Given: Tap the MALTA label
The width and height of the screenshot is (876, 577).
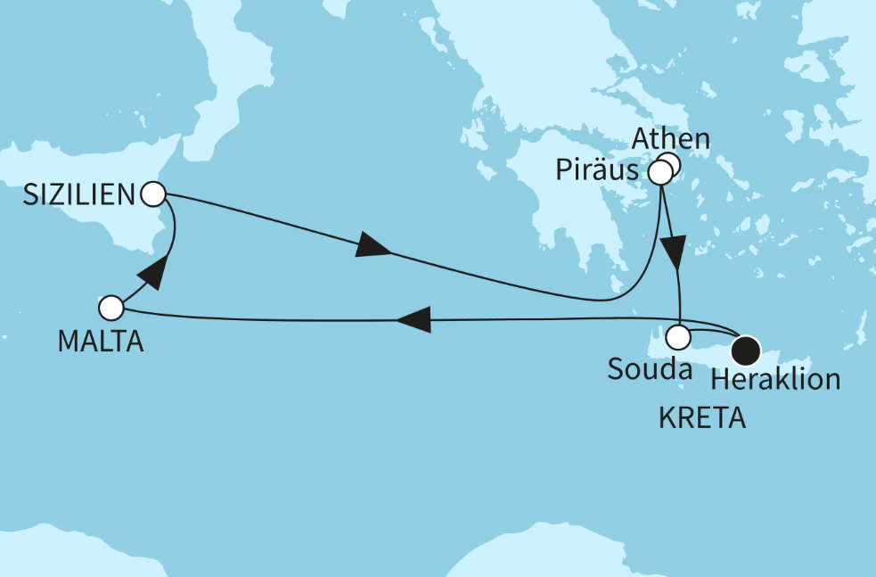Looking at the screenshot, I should click(100, 341).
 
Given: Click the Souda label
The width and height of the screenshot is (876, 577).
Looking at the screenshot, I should click(650, 369).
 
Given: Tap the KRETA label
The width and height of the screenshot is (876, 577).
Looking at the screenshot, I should click(701, 418).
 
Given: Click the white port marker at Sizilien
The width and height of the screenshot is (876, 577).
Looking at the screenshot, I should click(153, 193).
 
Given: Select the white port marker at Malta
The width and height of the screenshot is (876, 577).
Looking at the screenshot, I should click(111, 309).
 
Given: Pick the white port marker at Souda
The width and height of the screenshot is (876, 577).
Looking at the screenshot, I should click(679, 338).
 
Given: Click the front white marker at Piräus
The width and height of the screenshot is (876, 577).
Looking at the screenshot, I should click(660, 173).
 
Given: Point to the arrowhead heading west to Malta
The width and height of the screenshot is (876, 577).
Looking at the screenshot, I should click(413, 319).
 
